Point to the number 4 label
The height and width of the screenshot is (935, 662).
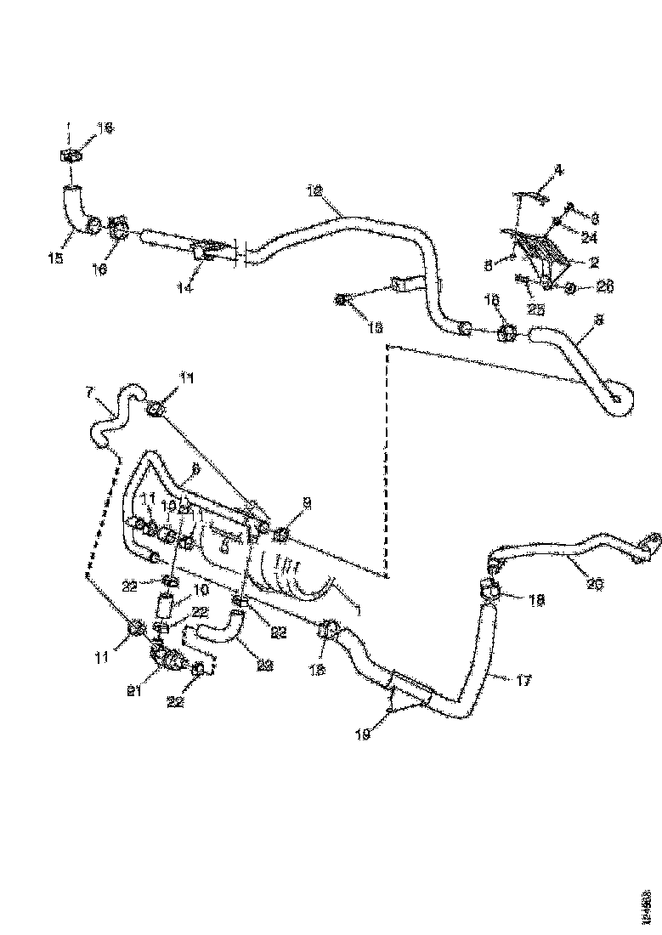click(558, 170)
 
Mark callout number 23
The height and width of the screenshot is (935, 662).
click(265, 666)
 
